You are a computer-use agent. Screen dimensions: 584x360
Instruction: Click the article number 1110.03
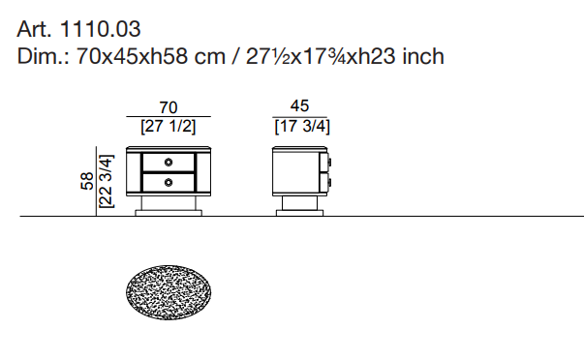pos(100,29)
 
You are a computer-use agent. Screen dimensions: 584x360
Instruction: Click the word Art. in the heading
pos(34,29)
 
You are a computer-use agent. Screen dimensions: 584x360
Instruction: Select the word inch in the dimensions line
pos(423,56)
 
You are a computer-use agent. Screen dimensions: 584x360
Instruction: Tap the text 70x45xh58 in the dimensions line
pos(133,56)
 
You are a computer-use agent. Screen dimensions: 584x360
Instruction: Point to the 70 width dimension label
pos(169,107)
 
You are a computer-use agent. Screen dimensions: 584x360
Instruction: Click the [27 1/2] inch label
pos(169,126)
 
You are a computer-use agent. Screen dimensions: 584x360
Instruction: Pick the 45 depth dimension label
pos(299,105)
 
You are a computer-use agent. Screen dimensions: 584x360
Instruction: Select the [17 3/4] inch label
pos(302,126)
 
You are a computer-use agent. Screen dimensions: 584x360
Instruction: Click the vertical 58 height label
pos(87,181)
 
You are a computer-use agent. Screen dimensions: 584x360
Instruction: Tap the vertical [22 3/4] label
pos(106,181)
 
